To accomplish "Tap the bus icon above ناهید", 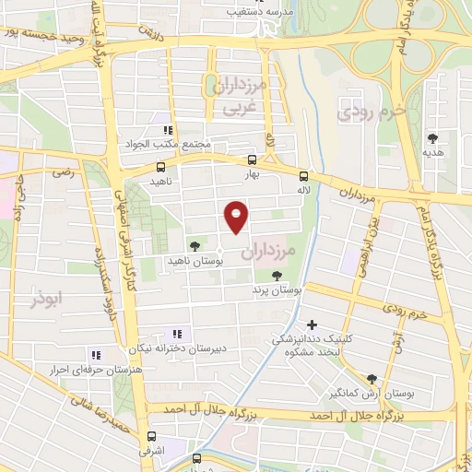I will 161,167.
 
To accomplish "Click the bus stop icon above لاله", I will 303,175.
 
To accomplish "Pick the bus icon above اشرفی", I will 151,437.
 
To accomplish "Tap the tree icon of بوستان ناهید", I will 194,245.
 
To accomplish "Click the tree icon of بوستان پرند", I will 277,275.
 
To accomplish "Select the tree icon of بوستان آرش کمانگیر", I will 372,378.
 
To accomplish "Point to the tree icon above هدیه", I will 432,139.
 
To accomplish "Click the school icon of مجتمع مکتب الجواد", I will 167,130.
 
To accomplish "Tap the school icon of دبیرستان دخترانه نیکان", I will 177,334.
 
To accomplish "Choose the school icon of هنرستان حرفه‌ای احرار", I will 94,354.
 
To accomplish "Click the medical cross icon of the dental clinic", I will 312,324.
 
